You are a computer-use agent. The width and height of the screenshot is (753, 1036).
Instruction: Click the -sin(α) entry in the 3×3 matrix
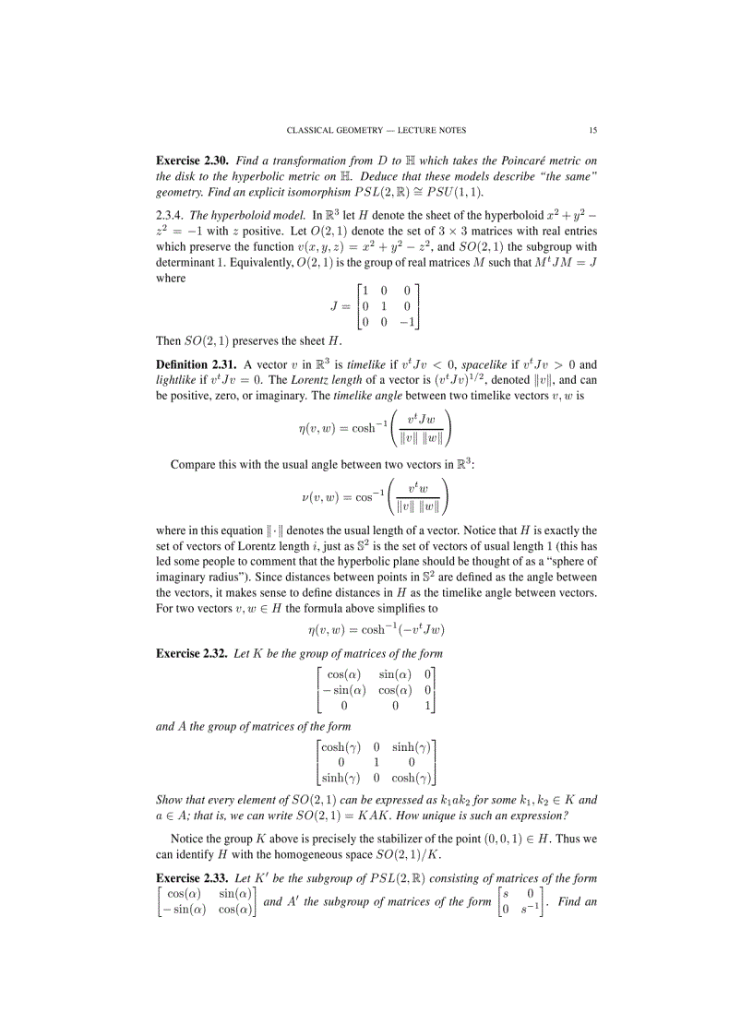click(341, 691)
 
